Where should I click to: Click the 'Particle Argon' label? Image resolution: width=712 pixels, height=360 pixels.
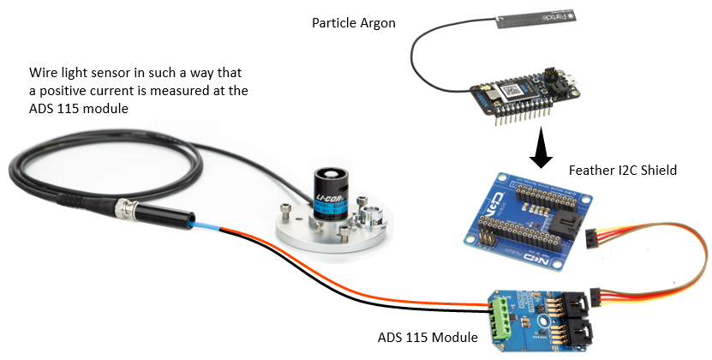point(353,23)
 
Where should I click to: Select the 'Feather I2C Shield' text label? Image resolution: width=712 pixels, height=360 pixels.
point(623,171)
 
